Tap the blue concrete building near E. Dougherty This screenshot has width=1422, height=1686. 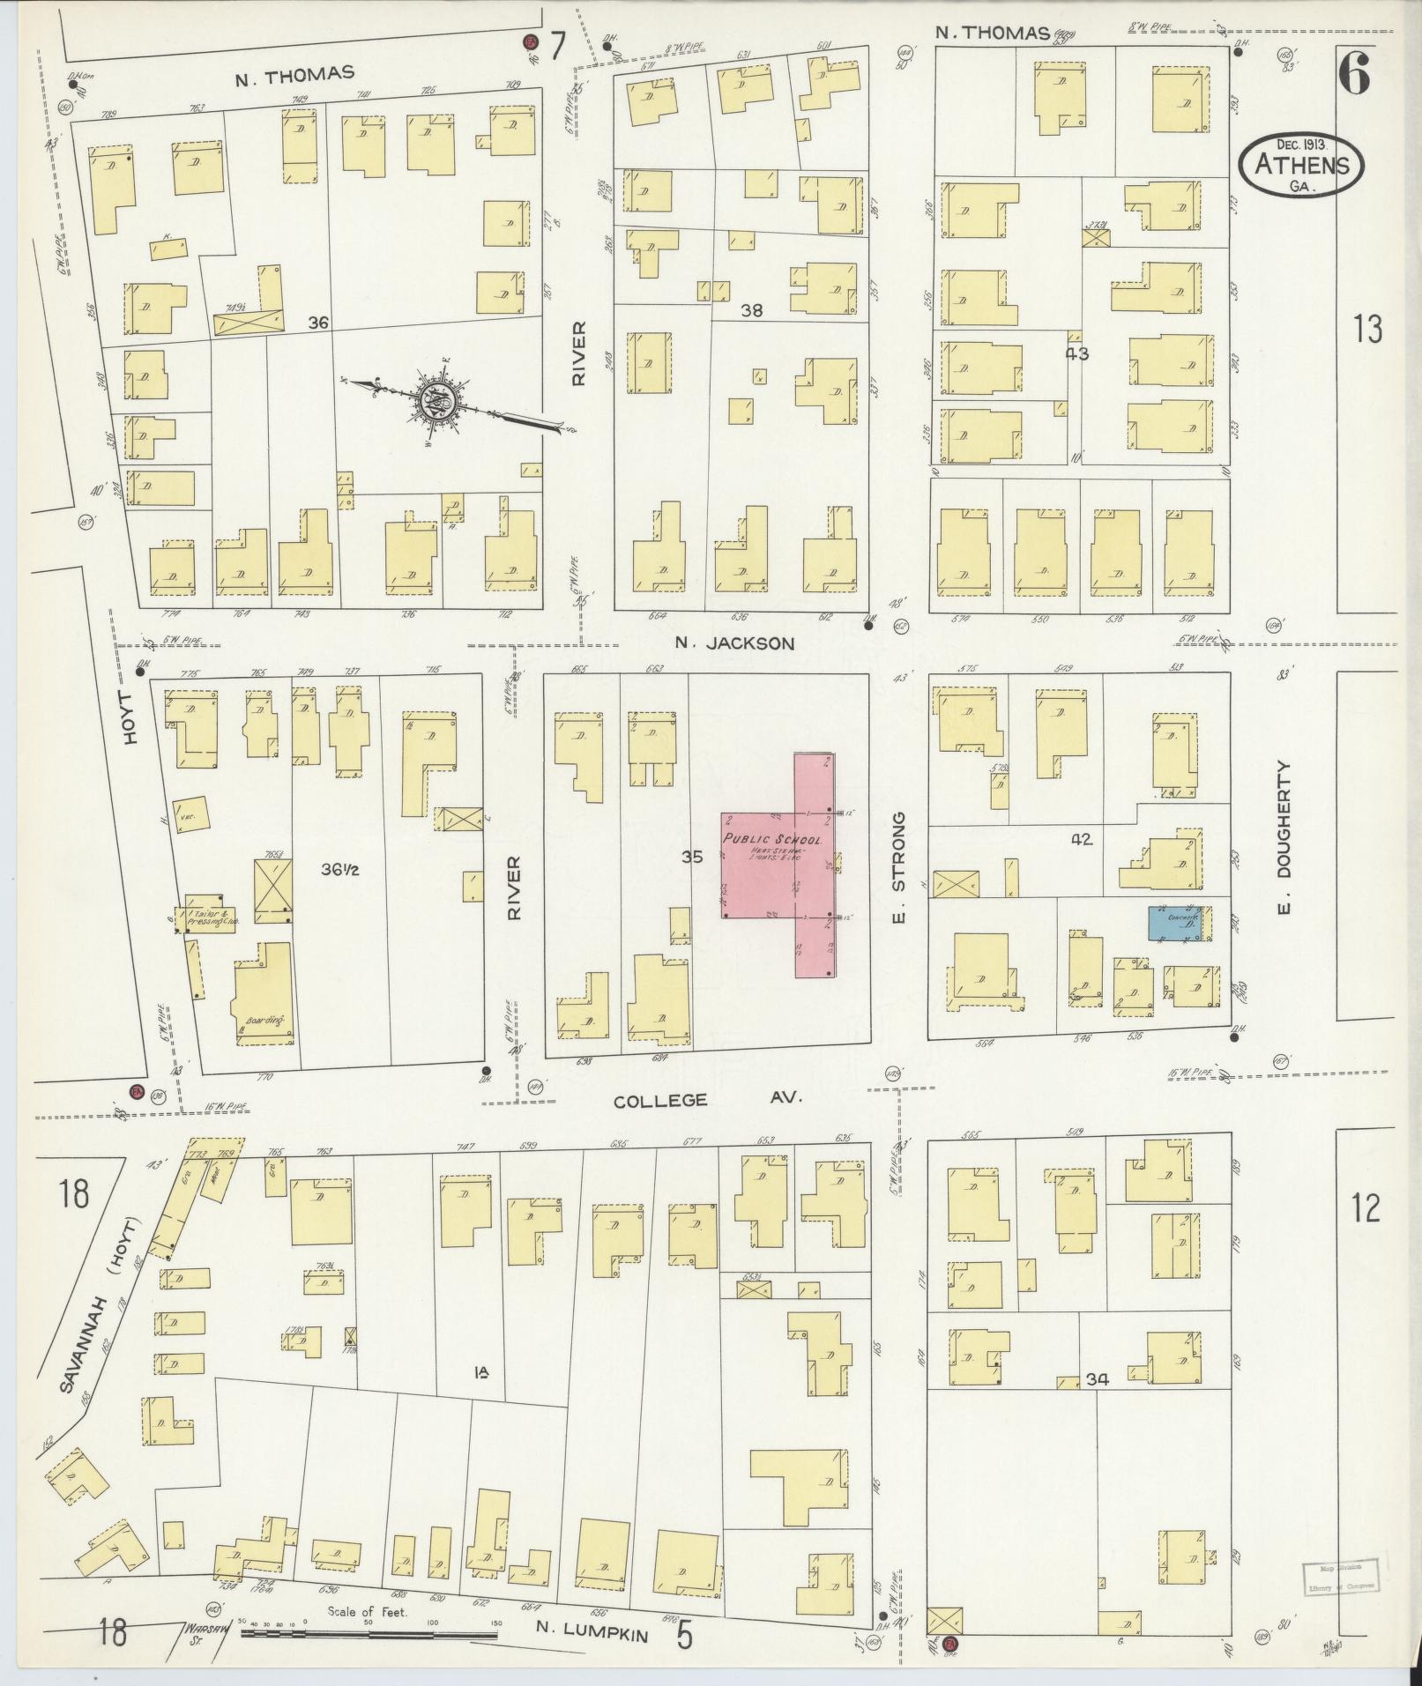[x=1175, y=923]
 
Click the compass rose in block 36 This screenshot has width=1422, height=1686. [x=438, y=403]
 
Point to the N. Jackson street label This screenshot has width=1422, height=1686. [x=734, y=643]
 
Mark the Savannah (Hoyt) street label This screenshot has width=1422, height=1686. [x=99, y=1318]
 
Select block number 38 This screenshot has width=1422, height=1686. [x=751, y=309]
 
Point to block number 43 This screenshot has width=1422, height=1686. [x=1076, y=353]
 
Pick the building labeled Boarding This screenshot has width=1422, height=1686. [x=262, y=995]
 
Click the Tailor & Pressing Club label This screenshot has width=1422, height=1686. [x=211, y=917]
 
